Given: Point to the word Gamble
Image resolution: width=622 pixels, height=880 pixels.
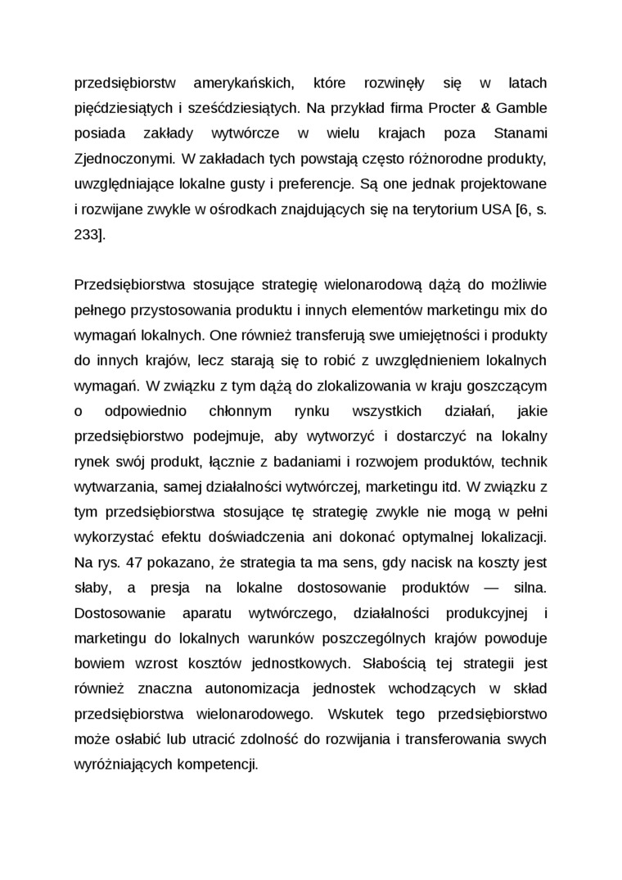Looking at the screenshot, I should [x=519, y=109].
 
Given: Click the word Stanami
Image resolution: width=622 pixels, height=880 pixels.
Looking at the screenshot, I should [x=521, y=133].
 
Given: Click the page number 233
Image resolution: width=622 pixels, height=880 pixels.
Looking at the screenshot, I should [x=88, y=234].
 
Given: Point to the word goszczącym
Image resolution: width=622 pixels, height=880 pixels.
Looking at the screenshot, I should [x=506, y=385].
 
